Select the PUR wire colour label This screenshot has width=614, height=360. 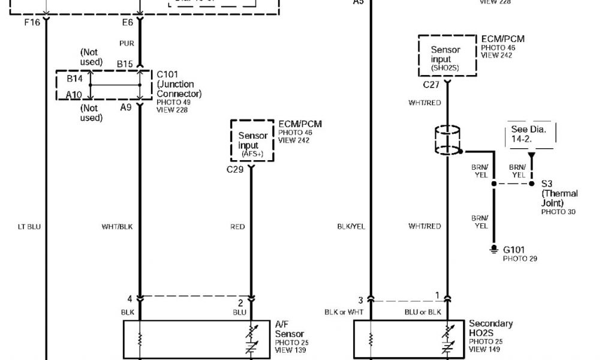(x=127, y=43)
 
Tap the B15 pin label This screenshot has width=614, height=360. (x=125, y=63)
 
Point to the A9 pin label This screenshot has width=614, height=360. (x=125, y=108)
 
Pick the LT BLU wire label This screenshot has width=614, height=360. (x=29, y=227)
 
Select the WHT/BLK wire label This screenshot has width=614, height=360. (x=117, y=227)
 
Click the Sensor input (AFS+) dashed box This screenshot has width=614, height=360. (x=252, y=141)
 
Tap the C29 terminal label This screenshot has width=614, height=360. (x=235, y=170)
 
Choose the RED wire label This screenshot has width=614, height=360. (x=237, y=227)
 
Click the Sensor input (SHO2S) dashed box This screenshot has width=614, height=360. (x=448, y=55)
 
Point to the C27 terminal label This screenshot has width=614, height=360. (x=432, y=85)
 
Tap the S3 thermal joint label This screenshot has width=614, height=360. (x=547, y=183)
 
